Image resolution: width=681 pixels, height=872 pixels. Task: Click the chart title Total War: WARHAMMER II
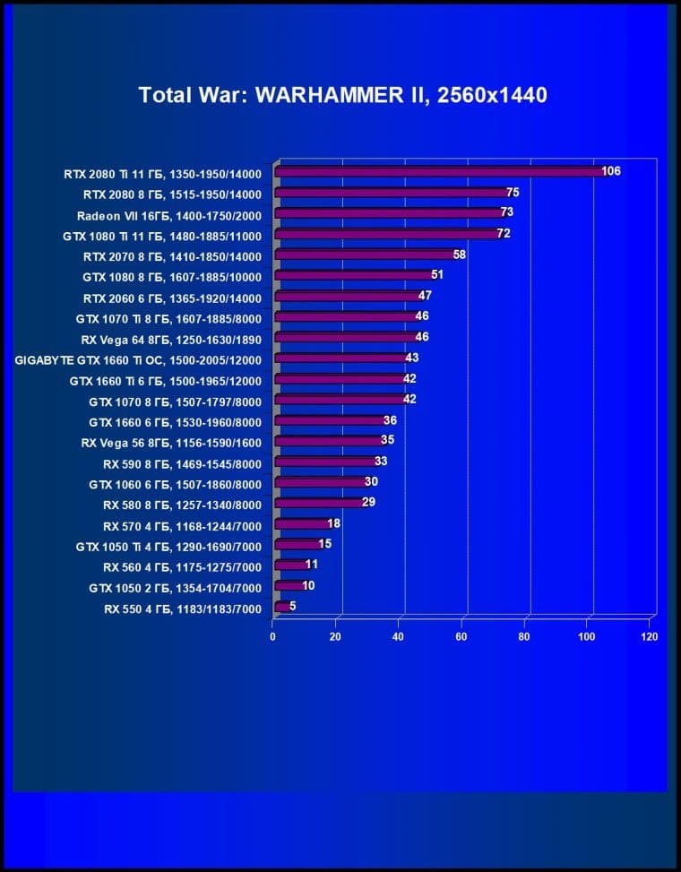[x=342, y=95]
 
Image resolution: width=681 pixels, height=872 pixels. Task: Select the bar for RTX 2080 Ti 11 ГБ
[x=439, y=171]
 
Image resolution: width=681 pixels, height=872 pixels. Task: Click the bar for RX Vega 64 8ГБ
[x=346, y=337]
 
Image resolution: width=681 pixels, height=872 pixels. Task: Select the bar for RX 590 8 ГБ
[x=325, y=462]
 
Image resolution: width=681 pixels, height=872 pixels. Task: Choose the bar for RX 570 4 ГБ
[x=302, y=524]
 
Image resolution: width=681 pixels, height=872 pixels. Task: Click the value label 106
[x=611, y=171]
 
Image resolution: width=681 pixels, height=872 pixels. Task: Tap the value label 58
[x=460, y=255]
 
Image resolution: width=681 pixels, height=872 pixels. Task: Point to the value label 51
[x=437, y=275]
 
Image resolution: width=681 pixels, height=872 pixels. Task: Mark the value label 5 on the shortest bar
[x=292, y=607]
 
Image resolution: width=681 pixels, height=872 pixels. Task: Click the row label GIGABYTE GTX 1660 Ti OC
[x=138, y=358]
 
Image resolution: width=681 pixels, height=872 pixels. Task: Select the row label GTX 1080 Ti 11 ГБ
[x=161, y=234]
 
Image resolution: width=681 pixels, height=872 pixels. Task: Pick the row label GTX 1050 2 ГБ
[x=175, y=587]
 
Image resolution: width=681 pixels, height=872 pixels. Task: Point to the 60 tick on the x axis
[x=461, y=636]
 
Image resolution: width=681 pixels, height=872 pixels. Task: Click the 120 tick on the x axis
[x=650, y=636]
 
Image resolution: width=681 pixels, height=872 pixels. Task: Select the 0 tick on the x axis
[x=273, y=636]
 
